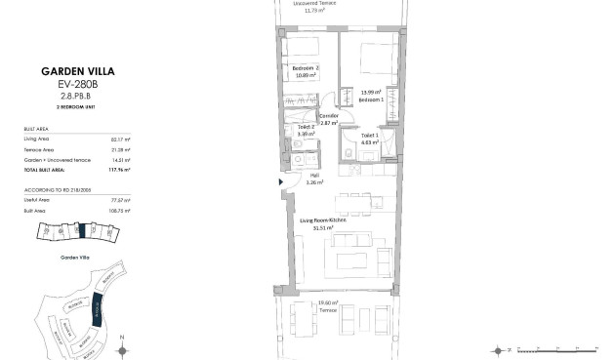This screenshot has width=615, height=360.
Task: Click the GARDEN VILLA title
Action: click(67, 71)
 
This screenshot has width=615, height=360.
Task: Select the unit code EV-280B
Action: click(67, 84)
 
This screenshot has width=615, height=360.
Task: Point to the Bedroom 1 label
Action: click(370, 100)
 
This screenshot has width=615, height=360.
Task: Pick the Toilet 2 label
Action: click(307, 128)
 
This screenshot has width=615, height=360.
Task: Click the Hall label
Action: click(314, 177)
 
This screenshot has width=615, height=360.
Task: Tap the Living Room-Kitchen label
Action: click(324, 222)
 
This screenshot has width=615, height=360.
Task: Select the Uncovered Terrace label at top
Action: click(314, 3)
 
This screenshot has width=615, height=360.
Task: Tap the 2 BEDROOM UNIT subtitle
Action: click(67, 107)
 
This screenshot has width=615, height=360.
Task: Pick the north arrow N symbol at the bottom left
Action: click(121, 345)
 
